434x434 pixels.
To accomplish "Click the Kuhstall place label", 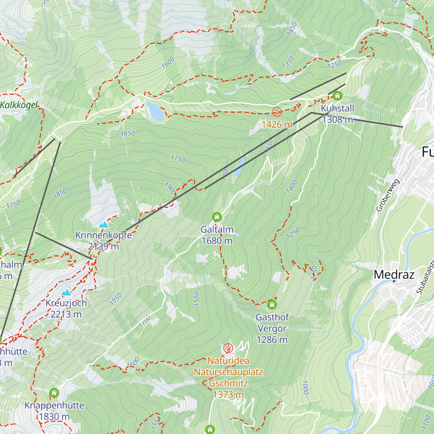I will coord(337,109).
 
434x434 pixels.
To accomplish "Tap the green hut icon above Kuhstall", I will coord(337,96).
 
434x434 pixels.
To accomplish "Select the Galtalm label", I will coord(217,230).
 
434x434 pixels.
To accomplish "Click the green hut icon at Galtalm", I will coord(217,217).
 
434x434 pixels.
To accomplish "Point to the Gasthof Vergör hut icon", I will coord(272,305).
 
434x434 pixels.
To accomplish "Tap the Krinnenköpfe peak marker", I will coord(103,225).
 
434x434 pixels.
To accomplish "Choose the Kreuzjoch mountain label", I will coord(66,303).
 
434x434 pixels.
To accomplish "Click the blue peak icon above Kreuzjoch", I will coord(66,293).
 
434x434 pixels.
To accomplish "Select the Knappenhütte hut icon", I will coord(54,392).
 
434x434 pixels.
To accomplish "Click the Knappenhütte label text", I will coord(54,405).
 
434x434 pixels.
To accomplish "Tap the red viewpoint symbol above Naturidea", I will coord(228,349).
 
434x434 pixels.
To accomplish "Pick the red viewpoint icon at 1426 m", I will coord(277,112).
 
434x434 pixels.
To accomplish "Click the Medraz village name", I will coord(394,275).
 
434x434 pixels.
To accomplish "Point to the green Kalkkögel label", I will coord(19,105).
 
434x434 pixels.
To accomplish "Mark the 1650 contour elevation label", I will coord(128,133).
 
